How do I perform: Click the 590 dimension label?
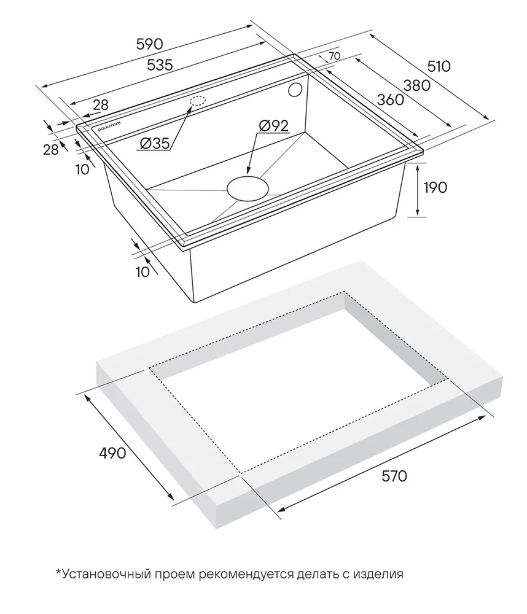149,44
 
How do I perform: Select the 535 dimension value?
160,64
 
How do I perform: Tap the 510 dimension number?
439,66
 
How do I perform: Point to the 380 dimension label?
417,85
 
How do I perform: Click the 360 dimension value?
390,100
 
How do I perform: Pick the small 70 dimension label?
334,56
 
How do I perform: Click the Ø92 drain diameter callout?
273,126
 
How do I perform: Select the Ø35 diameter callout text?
154,144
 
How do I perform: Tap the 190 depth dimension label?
435,187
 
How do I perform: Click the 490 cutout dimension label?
112,453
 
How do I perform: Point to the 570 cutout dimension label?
394,476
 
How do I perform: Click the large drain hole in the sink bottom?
248,188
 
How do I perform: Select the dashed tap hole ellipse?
198,101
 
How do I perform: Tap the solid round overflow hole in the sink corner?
294,90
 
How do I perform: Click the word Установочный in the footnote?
107,574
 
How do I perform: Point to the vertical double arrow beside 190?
418,190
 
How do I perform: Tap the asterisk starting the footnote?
59,572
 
